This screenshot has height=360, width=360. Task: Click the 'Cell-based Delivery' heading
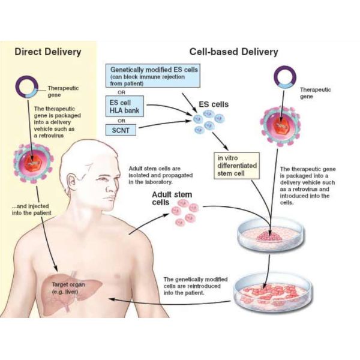233,52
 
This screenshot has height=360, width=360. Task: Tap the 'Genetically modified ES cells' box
153,76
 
